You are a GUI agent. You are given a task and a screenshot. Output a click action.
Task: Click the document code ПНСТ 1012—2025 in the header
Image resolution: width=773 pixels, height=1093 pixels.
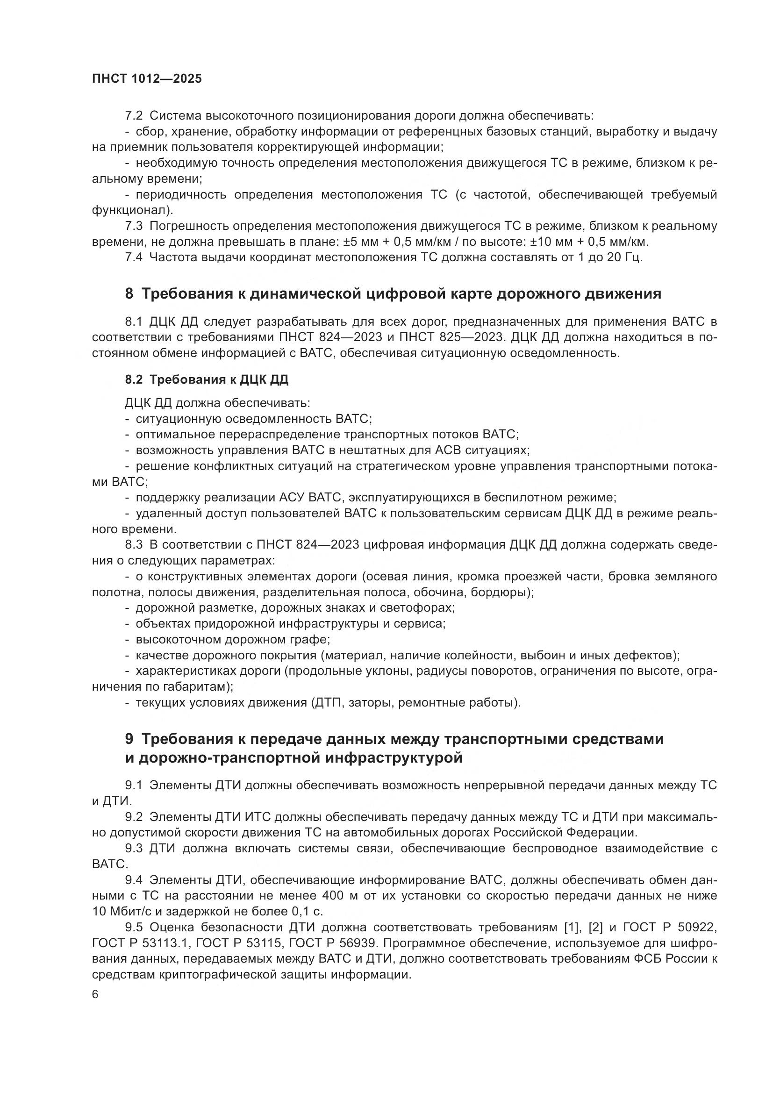(147, 79)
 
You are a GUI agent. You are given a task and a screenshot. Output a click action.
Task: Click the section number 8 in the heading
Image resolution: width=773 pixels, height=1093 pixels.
(129, 294)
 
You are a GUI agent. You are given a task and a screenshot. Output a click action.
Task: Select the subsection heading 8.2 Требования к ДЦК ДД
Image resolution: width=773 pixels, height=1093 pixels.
(207, 379)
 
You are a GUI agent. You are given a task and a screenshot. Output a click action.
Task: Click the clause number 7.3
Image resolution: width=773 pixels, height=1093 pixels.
(134, 226)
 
